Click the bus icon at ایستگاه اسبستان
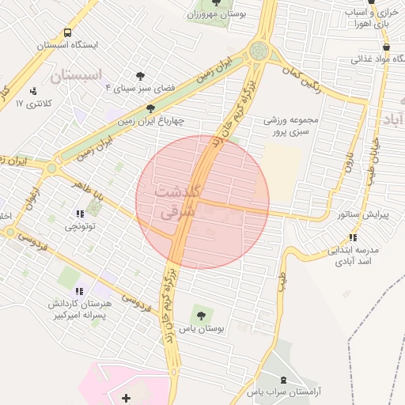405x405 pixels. point(67,33)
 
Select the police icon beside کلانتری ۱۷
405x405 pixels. point(33,92)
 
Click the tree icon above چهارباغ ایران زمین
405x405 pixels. point(150,108)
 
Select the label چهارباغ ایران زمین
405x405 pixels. point(150,121)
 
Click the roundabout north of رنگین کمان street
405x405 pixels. point(259,51)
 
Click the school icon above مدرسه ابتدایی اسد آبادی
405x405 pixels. point(352,237)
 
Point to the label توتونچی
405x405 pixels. point(78,225)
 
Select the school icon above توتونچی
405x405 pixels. point(79,214)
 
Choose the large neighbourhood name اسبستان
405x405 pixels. point(77,77)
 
